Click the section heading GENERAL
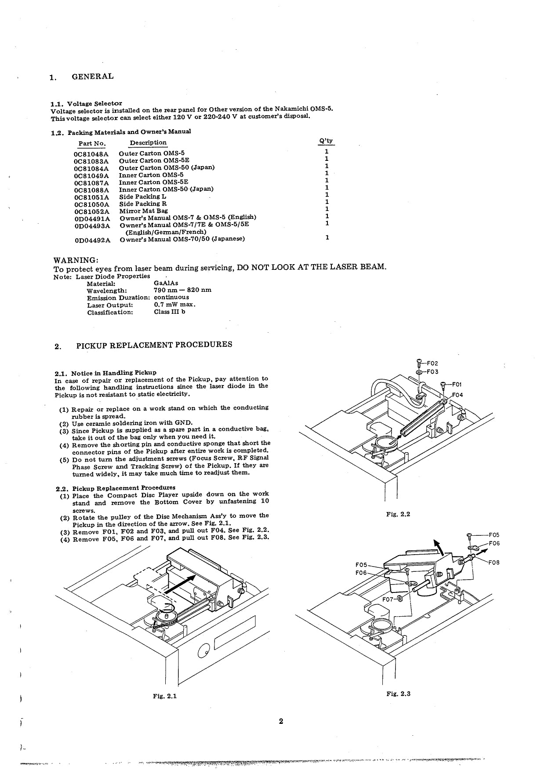point(92,76)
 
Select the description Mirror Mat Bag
point(143,211)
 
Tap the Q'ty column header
point(325,141)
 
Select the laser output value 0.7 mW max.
point(174,305)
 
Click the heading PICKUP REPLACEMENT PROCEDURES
point(154,345)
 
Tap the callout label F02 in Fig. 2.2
point(432,363)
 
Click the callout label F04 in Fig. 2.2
point(457,395)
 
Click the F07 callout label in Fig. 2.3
point(388,599)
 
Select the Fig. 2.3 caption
point(398,694)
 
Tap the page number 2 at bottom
point(281,721)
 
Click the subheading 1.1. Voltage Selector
point(86,104)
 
